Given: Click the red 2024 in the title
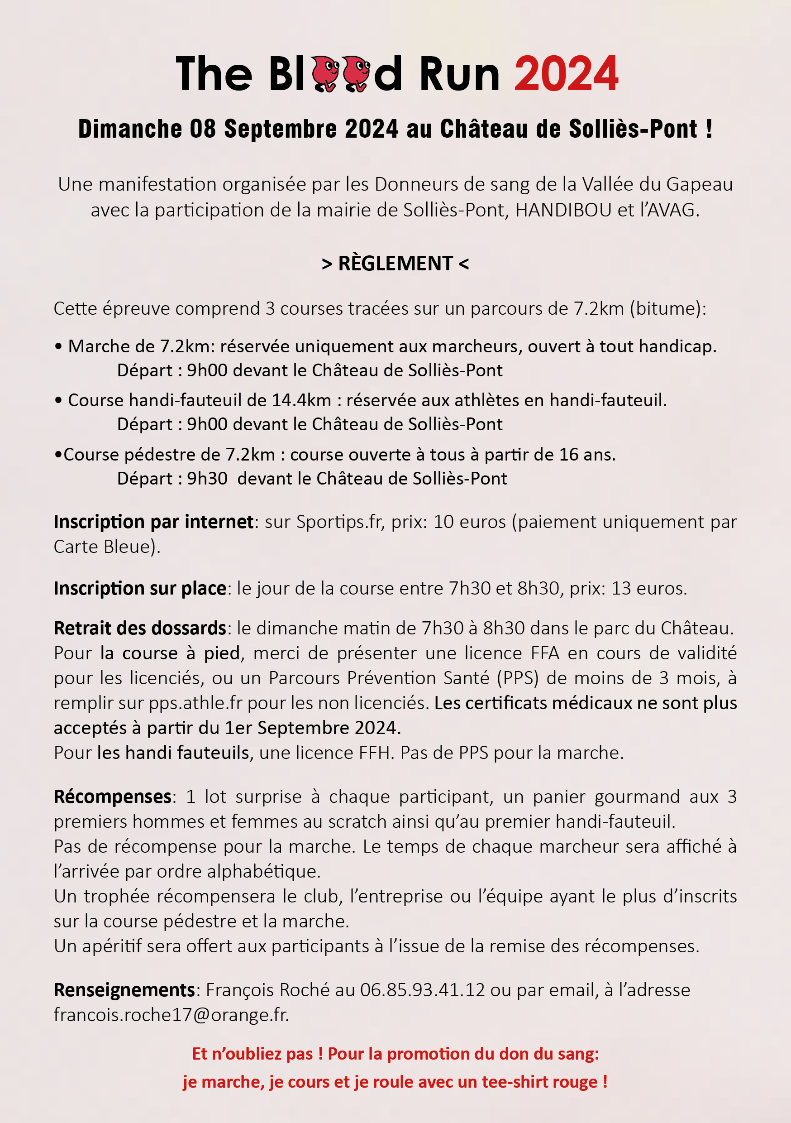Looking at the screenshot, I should [x=566, y=74].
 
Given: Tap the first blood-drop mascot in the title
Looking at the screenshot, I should [x=325, y=73].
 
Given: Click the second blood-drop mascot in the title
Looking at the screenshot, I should [x=356, y=73].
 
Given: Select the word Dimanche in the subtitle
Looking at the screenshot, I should [x=130, y=129].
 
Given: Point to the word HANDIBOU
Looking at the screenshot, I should [x=563, y=210].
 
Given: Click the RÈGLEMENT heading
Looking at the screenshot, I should [x=395, y=264].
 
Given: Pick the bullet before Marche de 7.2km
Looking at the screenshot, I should [x=59, y=347].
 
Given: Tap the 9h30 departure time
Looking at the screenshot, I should [x=207, y=478].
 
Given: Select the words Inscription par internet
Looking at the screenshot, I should [x=153, y=522].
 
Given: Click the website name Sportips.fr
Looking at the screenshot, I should [x=339, y=522].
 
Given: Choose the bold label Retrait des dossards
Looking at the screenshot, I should [x=140, y=629].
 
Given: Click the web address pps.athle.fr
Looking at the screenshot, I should [x=195, y=703].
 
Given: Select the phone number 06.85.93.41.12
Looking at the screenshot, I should [x=422, y=990].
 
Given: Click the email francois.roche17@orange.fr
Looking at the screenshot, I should [x=171, y=1015].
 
